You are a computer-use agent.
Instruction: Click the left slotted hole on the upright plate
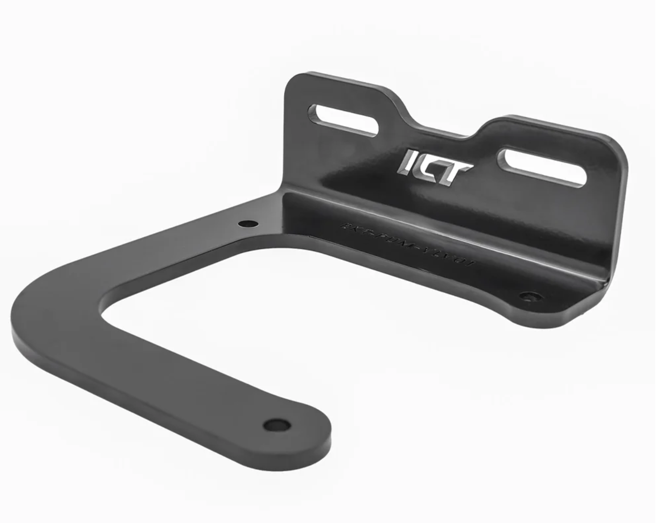343,121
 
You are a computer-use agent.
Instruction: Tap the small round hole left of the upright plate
248,224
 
